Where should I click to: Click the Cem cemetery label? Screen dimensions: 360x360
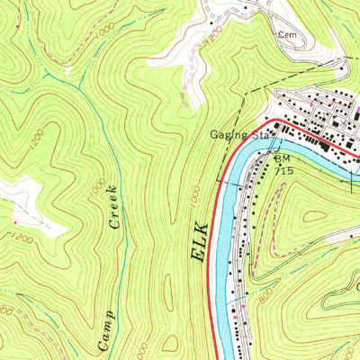(286, 35)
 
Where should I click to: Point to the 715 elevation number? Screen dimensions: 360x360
(285, 168)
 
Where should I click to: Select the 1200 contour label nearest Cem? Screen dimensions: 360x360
(211, 39)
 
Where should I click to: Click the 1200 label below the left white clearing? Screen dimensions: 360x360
(25, 237)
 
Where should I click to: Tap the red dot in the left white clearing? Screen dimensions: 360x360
(15, 220)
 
